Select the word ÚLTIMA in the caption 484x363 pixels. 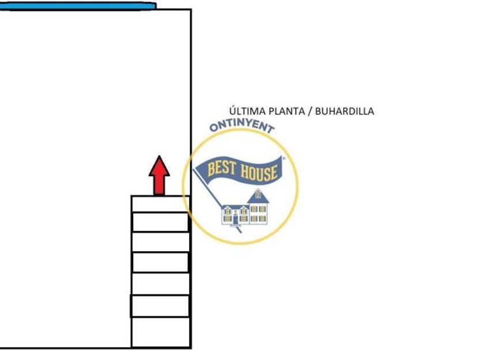[247, 111]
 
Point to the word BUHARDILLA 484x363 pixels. [345, 111]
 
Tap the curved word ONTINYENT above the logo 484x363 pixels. [241, 126]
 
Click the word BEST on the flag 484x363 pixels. [220, 168]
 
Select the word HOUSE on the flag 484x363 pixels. [258, 171]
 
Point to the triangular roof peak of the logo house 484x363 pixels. [258, 193]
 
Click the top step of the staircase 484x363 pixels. [160, 204]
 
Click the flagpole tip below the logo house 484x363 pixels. [240, 230]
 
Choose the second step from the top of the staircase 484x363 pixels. [160, 222]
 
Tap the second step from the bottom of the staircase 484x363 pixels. [160, 306]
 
